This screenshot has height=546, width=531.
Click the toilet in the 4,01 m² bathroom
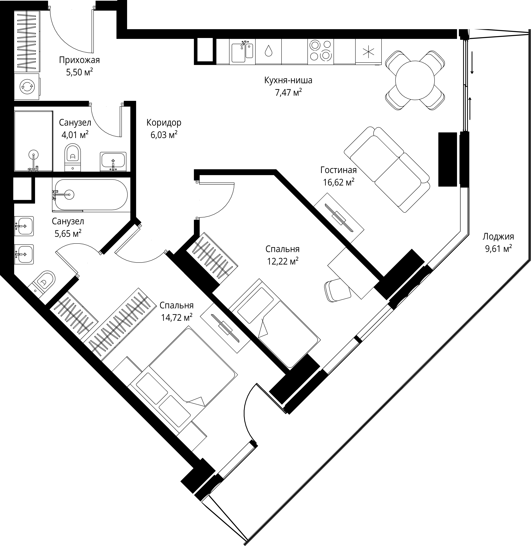(73, 157)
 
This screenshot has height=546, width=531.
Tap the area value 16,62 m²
(339, 182)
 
